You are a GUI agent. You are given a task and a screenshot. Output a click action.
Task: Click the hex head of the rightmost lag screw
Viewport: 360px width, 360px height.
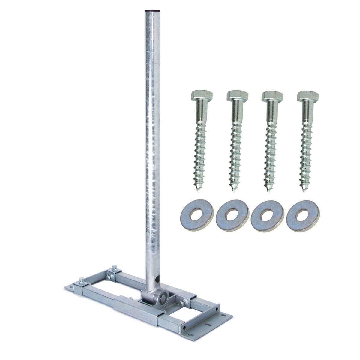308,96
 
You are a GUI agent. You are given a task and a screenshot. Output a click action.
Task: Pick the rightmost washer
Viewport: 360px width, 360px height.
303,216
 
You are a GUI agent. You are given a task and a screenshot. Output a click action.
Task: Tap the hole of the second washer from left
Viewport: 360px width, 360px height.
232,215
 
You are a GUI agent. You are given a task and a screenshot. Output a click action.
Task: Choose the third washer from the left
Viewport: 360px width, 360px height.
267,216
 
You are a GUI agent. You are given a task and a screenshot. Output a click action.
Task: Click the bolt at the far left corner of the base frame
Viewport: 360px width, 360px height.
81,281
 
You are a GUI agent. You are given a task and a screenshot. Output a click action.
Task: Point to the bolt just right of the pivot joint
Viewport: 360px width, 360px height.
182,304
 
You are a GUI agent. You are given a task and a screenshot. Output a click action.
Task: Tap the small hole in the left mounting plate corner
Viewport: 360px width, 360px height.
71,288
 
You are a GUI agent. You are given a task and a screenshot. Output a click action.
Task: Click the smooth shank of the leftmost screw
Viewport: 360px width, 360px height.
201,112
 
